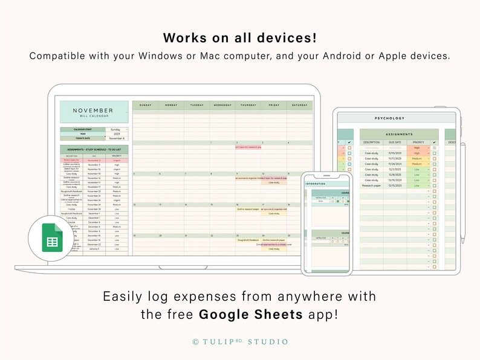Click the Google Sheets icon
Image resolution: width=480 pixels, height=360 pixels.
point(52,237)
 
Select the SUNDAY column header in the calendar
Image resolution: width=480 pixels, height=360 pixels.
point(145,105)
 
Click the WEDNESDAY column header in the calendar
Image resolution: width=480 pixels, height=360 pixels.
point(222,105)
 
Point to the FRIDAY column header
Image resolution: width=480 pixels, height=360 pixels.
point(274,105)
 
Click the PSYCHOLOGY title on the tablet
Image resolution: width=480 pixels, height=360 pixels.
point(390,118)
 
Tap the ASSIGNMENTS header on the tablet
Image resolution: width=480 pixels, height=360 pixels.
point(398,134)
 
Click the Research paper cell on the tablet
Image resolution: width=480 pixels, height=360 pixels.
point(371,185)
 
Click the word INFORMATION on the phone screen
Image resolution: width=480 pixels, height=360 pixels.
point(316,184)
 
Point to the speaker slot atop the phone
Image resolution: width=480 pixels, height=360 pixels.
point(326,176)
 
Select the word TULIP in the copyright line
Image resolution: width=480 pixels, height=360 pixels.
point(216,342)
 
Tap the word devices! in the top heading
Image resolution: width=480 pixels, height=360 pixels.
point(284,38)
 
